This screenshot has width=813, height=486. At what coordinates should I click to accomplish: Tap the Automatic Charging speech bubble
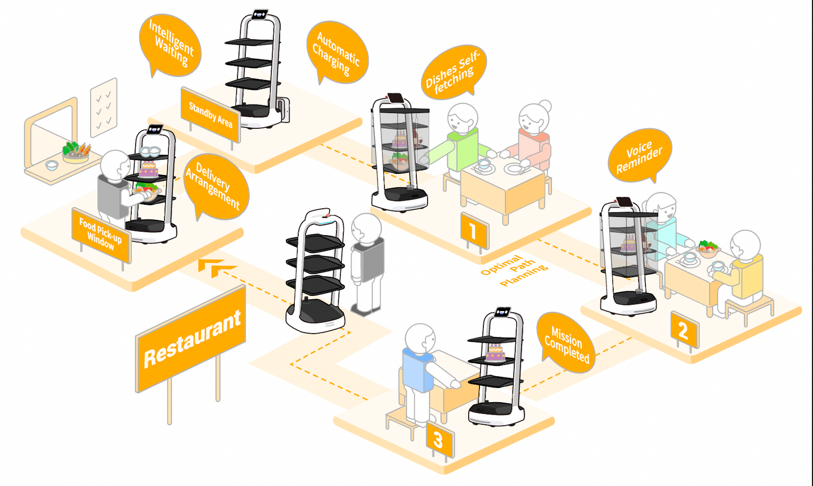(337, 53)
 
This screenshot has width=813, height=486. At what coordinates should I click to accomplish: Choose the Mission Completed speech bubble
(565, 343)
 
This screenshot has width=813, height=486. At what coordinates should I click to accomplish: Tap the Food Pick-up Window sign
(101, 235)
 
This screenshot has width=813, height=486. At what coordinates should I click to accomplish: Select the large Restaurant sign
(191, 339)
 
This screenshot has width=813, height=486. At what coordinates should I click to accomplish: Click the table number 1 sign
(474, 231)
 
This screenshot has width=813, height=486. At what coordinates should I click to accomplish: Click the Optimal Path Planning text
(514, 271)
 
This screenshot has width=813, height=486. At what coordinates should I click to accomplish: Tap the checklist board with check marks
(104, 107)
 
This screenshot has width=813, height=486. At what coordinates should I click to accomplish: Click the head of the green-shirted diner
(462, 118)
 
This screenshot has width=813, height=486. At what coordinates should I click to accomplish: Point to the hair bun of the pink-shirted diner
(545, 106)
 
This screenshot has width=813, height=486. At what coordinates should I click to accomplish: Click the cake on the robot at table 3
(496, 353)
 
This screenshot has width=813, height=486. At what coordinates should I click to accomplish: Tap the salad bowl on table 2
(708, 248)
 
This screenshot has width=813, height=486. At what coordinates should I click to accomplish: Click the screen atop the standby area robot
(260, 15)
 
